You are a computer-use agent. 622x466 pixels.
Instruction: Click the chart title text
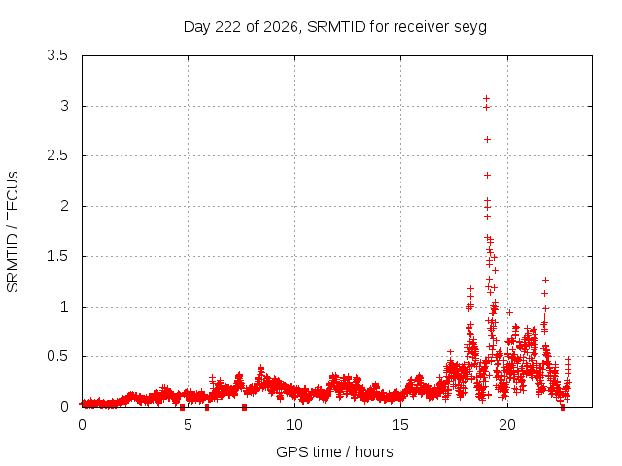[335, 27]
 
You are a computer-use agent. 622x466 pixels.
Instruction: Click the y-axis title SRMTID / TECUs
[13, 232]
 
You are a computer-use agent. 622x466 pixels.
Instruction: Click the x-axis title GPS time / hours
[334, 451]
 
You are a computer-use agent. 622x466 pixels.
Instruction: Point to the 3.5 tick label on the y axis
[57, 55]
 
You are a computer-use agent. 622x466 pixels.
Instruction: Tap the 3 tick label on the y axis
[64, 106]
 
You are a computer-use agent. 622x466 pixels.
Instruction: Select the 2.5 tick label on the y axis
[57, 155]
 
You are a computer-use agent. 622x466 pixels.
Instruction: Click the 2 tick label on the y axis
[64, 206]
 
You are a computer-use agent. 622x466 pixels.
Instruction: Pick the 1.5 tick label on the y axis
[57, 256]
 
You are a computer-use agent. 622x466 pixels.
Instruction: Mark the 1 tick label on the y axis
[65, 307]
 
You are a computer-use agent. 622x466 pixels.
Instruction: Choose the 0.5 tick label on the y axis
[57, 356]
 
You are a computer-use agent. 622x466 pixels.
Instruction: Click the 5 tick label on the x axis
[188, 425]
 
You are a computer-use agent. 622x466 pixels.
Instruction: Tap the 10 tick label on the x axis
[294, 425]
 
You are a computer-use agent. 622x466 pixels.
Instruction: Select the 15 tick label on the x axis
[400, 425]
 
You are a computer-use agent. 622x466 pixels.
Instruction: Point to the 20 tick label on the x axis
[507, 425]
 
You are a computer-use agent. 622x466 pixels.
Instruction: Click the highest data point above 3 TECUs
[486, 98]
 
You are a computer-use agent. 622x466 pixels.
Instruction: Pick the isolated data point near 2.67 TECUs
[487, 140]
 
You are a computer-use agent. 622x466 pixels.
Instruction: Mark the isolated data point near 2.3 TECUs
[487, 175]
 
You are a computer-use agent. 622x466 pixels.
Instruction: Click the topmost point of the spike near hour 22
[546, 281]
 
